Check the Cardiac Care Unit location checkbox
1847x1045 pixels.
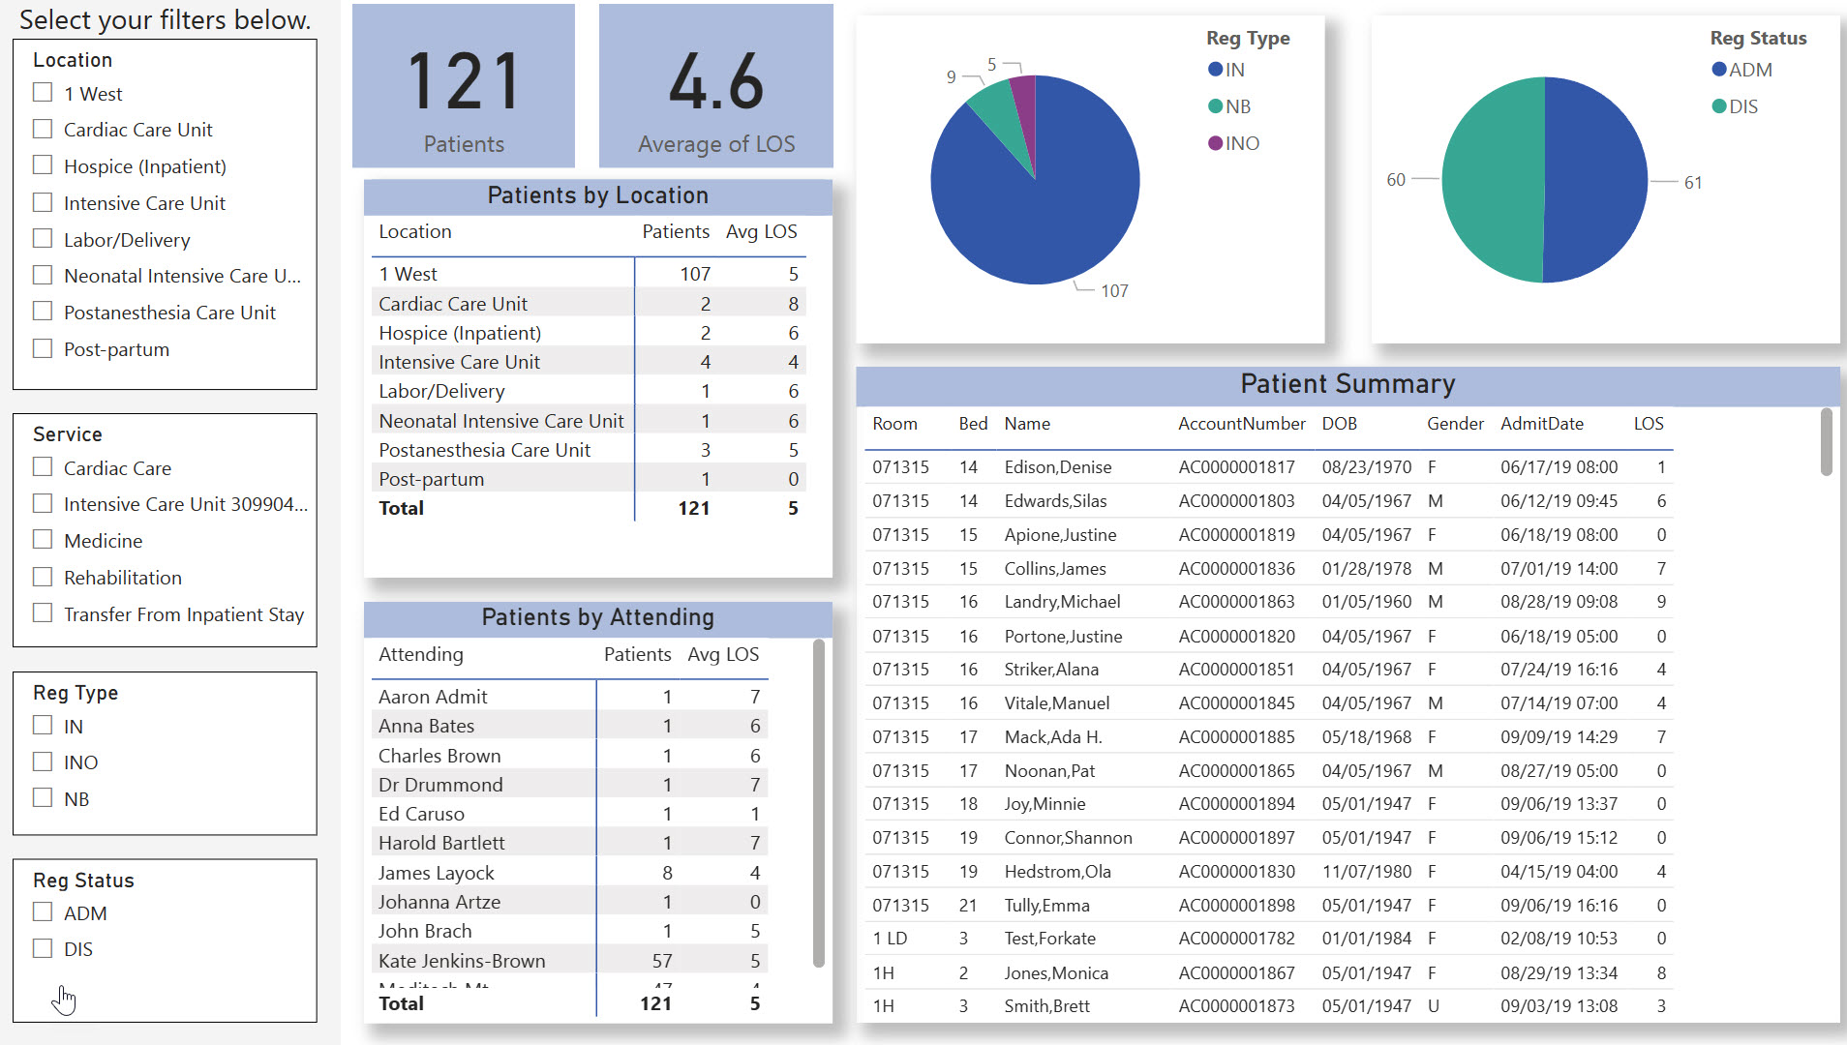[43, 129]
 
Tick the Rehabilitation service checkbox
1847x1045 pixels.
[43, 577]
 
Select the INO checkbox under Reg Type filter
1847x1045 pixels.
[43, 761]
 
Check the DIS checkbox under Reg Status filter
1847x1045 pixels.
[43, 948]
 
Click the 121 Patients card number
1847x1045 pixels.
[464, 82]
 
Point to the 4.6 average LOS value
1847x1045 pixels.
[716, 82]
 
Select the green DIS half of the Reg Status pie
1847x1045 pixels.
[1491, 180]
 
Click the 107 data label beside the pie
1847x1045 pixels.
[1114, 290]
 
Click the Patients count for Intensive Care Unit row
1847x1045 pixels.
[705, 362]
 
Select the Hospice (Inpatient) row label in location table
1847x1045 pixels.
[460, 333]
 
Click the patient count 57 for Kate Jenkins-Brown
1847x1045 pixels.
[662, 961]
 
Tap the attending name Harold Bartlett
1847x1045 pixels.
[441, 843]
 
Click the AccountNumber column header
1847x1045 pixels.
[1241, 424]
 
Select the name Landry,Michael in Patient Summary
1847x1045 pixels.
[1062, 602]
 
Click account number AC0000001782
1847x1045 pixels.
[1236, 939]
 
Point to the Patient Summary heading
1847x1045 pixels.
[1347, 384]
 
